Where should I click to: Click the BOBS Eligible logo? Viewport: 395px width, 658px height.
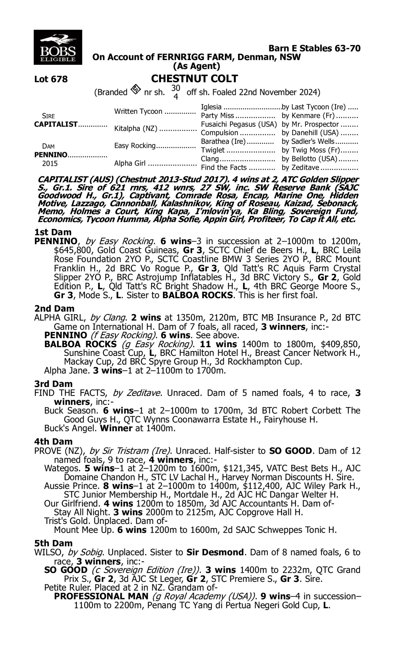coord(58,47)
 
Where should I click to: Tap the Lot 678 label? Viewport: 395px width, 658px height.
coord(51,79)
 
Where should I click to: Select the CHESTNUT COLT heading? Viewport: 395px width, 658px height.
coord(194,79)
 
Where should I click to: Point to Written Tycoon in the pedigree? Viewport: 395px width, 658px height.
coord(138,111)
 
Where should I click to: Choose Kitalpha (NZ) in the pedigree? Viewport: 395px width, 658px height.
coord(136,128)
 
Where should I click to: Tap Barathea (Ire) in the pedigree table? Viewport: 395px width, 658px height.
coord(223,141)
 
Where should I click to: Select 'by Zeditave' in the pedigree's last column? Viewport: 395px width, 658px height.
coord(300,167)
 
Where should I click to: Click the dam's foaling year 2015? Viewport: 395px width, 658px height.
coord(50,163)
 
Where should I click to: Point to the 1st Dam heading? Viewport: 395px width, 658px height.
coord(53,232)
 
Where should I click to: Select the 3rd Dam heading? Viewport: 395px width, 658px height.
coord(53,384)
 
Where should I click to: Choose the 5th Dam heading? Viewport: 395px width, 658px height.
coord(53,543)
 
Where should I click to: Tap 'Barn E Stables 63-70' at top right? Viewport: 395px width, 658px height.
coord(314,48)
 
